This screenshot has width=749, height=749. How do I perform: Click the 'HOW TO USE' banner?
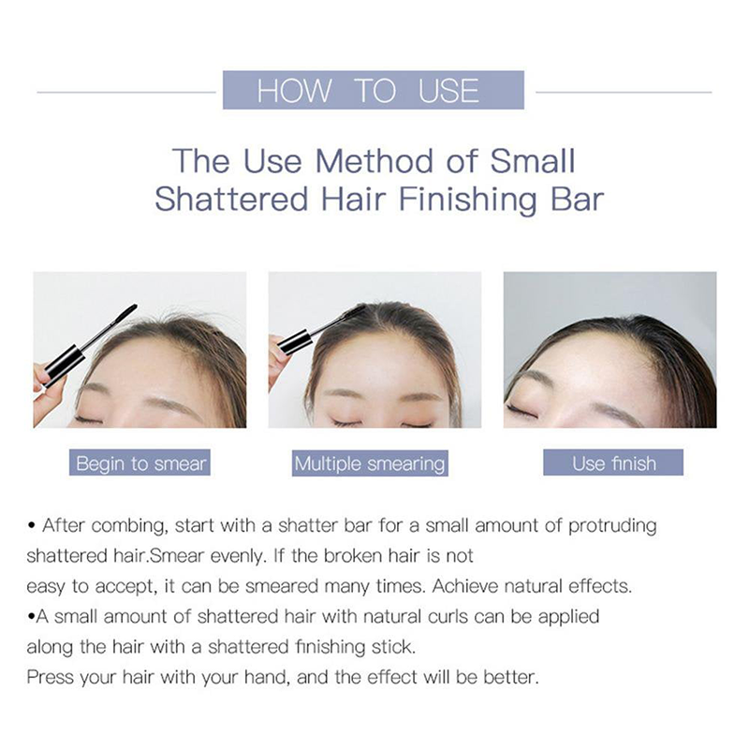pyautogui.click(x=373, y=90)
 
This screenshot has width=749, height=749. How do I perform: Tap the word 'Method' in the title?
pyautogui.click(x=374, y=160)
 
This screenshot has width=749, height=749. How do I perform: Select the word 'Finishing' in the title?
pyautogui.click(x=468, y=199)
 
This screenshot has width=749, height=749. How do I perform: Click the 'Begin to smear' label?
pyautogui.click(x=140, y=463)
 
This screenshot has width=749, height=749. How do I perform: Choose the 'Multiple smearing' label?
pyautogui.click(x=370, y=463)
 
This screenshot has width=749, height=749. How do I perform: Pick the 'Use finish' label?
pyautogui.click(x=613, y=463)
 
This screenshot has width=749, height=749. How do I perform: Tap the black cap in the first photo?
pyautogui.click(x=62, y=364)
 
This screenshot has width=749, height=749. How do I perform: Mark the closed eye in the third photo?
pyautogui.click(x=521, y=410)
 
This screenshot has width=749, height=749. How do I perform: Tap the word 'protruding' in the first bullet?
pyautogui.click(x=612, y=526)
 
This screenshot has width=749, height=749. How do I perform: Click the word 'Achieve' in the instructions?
pyautogui.click(x=465, y=586)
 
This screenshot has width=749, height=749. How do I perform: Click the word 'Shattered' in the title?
pyautogui.click(x=231, y=199)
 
